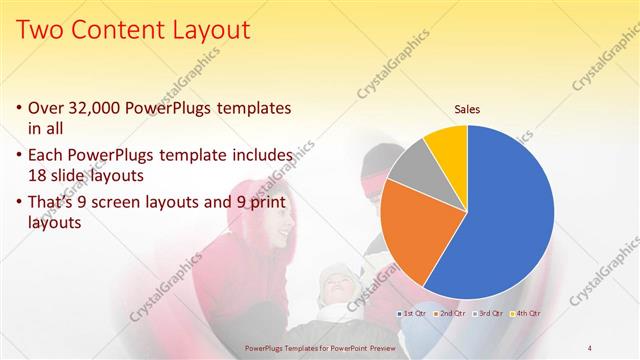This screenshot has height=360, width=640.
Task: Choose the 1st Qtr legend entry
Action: (415, 314)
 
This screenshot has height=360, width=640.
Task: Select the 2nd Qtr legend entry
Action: (451, 314)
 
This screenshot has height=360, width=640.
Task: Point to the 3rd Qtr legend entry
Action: (487, 314)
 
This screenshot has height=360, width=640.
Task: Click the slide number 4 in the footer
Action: (589, 347)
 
